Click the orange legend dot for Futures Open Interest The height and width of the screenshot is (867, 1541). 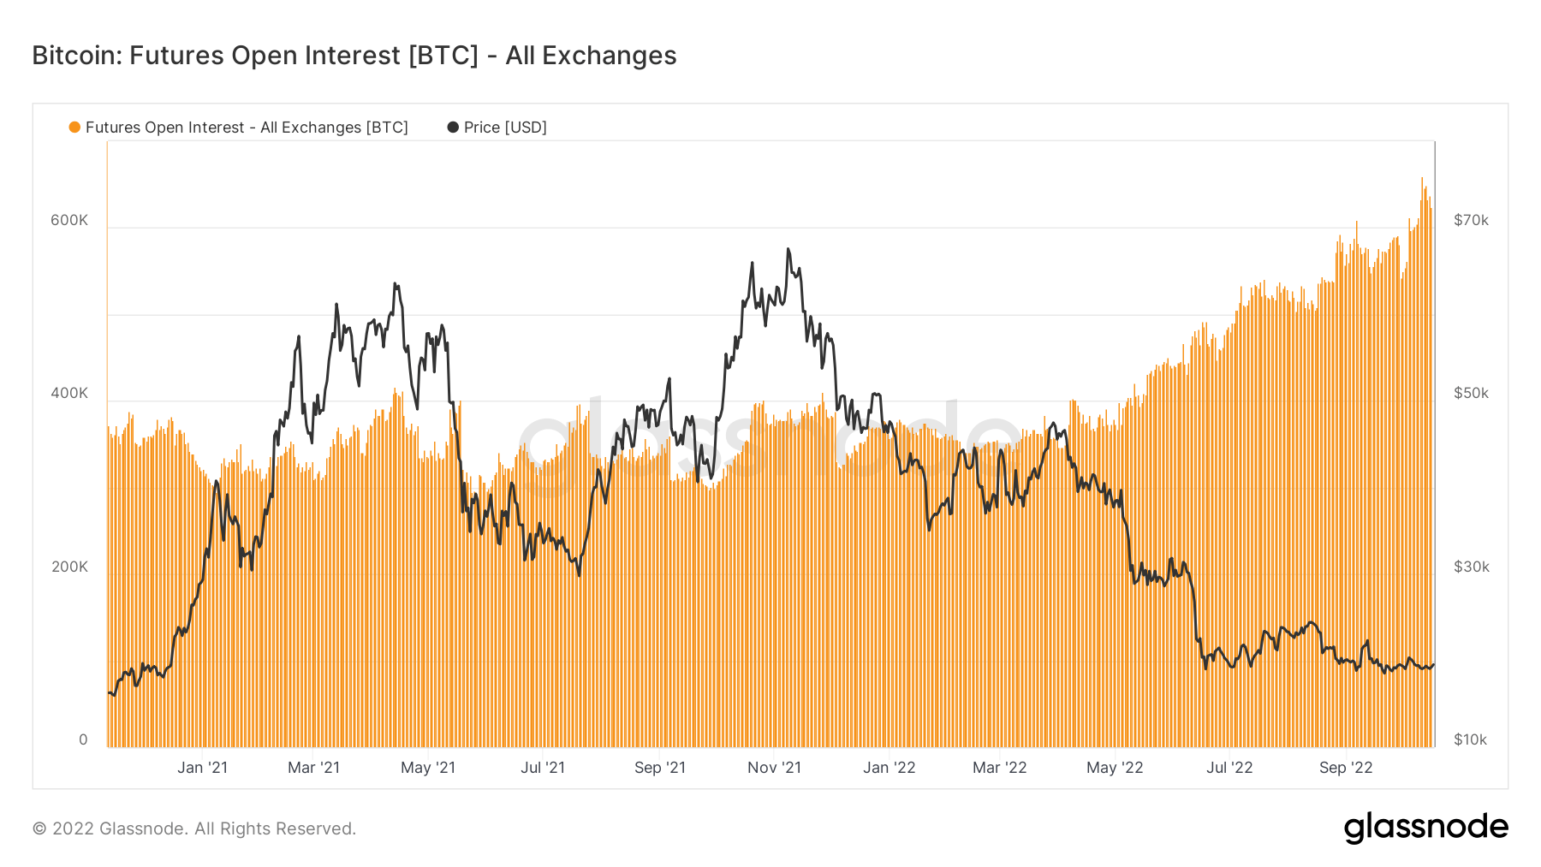point(74,128)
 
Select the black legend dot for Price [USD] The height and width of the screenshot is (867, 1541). point(453,128)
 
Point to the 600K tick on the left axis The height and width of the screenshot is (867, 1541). point(69,220)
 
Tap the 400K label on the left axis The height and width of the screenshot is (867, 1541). point(69,393)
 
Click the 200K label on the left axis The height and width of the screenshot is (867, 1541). point(69,567)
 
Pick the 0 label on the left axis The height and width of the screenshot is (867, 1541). point(83,739)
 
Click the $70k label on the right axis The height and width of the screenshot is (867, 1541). point(1471,220)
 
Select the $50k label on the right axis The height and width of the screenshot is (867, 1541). point(1471,393)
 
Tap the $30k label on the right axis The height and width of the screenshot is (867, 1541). point(1471,567)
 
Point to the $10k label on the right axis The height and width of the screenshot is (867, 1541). point(1470,739)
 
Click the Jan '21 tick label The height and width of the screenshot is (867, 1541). point(202,768)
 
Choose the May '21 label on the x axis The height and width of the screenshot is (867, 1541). point(428,768)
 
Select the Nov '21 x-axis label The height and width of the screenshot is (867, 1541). point(774,768)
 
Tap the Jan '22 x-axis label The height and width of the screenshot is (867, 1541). point(889,768)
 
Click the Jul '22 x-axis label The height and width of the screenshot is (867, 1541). point(1229,768)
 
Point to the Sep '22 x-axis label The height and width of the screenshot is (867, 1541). point(1346,768)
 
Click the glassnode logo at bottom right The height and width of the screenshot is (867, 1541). point(1425,828)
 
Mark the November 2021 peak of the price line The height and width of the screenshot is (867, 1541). point(788,249)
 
